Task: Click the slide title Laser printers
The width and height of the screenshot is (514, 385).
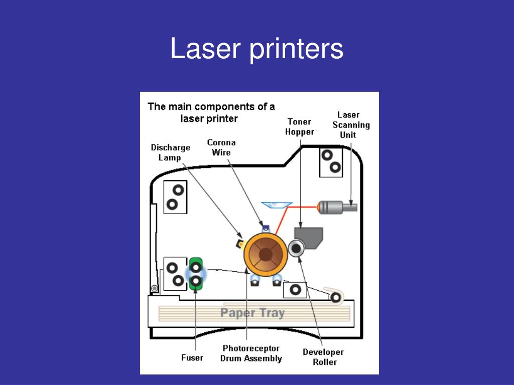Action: (x=256, y=49)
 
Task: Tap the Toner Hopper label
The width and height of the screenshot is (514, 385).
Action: (x=300, y=127)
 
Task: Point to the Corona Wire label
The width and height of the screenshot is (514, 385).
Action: (x=221, y=147)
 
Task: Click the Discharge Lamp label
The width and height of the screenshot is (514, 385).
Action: (x=171, y=152)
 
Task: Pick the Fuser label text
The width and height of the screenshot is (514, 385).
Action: (x=192, y=357)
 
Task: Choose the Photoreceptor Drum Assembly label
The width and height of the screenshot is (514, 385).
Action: (x=251, y=353)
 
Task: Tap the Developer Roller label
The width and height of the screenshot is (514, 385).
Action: (x=323, y=357)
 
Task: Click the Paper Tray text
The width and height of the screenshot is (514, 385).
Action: (x=252, y=313)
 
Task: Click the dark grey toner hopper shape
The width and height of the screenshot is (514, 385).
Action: (x=309, y=237)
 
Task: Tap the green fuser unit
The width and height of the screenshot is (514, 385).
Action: (x=195, y=274)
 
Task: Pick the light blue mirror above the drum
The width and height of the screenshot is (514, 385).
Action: (x=277, y=204)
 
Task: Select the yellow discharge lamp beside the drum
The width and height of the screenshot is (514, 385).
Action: (x=240, y=244)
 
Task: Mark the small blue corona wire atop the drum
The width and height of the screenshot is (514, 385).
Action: (x=266, y=228)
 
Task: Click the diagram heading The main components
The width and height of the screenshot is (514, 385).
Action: (x=211, y=112)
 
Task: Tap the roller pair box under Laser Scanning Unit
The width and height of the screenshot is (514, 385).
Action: (x=331, y=161)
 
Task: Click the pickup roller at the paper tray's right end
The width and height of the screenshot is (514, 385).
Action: (x=335, y=297)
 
